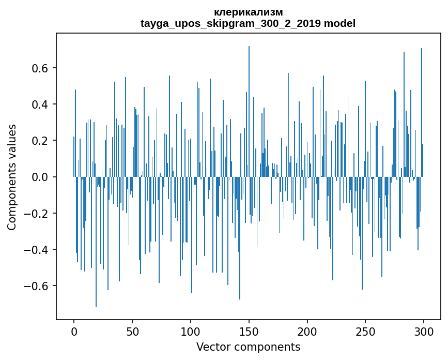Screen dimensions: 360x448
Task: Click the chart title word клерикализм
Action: point(248,12)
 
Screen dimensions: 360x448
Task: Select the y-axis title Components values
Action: point(12,177)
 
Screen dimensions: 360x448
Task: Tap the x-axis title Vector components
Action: point(248,347)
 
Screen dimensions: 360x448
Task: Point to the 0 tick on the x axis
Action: point(74,331)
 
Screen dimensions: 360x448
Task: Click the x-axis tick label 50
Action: point(132,331)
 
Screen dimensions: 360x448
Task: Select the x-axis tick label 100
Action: point(191,331)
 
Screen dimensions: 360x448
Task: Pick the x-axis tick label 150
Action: point(249,331)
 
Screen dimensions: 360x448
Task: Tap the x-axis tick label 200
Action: point(307,331)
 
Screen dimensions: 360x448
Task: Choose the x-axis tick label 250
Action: point(365,331)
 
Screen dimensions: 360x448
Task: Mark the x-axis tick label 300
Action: point(424,331)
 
